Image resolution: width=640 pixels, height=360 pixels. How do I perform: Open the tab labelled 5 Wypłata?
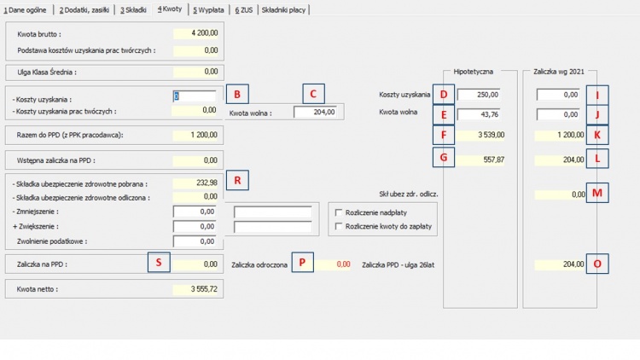coord(208,9)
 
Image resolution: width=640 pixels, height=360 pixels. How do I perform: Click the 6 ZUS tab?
coord(244,9)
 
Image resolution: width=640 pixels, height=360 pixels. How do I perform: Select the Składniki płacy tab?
coord(283,9)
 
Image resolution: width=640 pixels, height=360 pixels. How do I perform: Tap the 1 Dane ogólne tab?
coord(25,9)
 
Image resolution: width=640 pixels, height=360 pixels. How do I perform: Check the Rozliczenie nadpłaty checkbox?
coord(339,212)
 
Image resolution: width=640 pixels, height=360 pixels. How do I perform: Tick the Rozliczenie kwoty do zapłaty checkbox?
coord(339,227)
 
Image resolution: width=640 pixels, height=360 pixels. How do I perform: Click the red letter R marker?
coord(237,180)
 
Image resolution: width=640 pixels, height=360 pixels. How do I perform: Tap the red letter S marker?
coord(159,263)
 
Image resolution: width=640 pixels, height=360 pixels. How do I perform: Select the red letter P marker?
coord(302,263)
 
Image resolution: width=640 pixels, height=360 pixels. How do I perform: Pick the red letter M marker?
coord(597,193)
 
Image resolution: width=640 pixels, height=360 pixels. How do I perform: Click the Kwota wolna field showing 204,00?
coord(316,113)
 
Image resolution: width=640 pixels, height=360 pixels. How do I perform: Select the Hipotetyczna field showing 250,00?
coord(479,95)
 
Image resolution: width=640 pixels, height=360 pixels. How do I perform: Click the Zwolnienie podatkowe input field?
coord(195,241)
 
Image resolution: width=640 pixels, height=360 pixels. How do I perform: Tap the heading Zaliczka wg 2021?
coord(559,72)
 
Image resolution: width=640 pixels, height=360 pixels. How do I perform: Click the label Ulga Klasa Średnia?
coord(47,73)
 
